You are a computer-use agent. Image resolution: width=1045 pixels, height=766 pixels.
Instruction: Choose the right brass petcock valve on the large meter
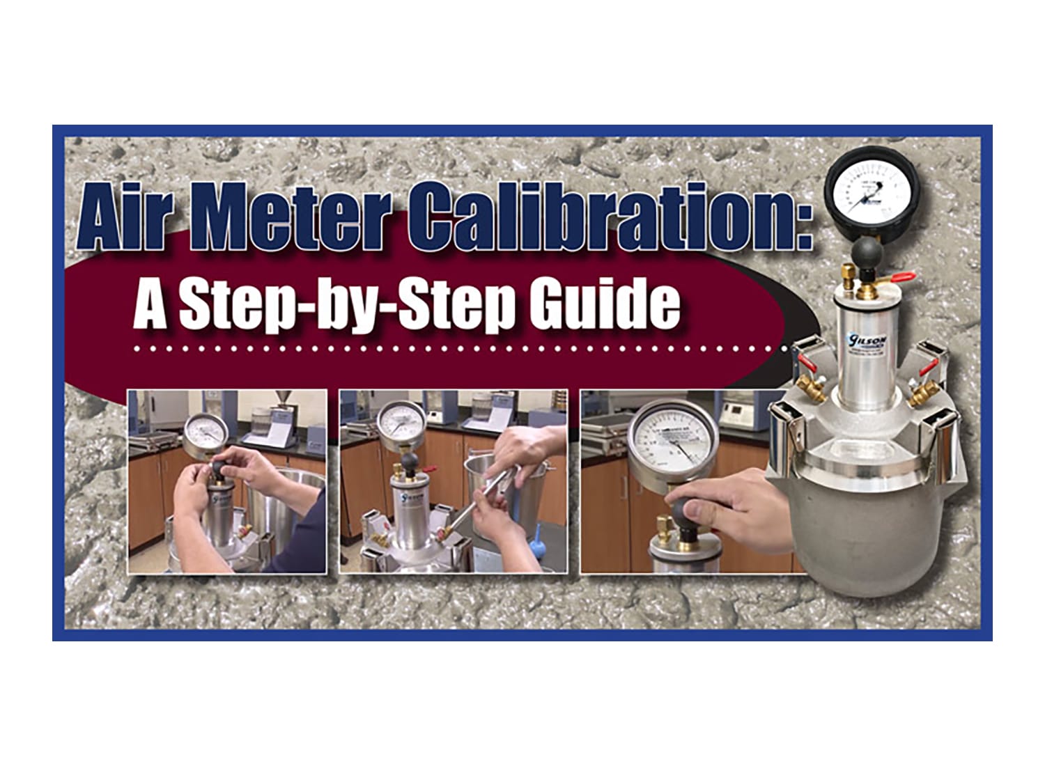pyautogui.click(x=921, y=394)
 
